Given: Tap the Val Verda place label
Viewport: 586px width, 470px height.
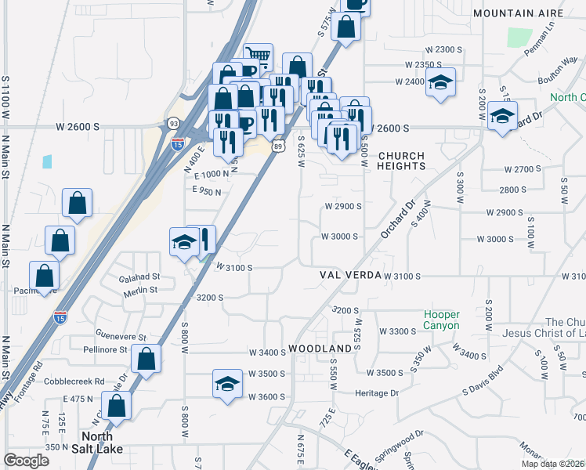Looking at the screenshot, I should (x=350, y=276).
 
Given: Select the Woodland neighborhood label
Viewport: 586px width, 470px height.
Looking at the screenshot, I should (x=320, y=348).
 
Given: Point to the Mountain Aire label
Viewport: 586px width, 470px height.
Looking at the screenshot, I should (x=519, y=14).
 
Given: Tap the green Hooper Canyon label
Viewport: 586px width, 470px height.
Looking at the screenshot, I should (x=442, y=319).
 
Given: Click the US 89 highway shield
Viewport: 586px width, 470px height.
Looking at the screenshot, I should (x=279, y=146).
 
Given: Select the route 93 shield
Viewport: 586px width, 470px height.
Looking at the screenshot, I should (x=173, y=123).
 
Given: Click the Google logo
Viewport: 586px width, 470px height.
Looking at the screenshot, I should (x=26, y=461).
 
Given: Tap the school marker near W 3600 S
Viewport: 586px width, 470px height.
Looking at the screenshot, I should (x=227, y=384).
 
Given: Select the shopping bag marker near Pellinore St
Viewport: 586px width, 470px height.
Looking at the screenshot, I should (x=146, y=360).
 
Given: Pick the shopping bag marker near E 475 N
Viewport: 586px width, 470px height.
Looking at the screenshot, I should (x=116, y=407).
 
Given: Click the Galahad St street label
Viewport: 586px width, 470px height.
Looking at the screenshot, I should (x=139, y=277).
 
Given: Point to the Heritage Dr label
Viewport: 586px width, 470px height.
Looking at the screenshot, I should (x=377, y=393).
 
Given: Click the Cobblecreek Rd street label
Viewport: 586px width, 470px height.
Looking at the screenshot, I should (x=76, y=381).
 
